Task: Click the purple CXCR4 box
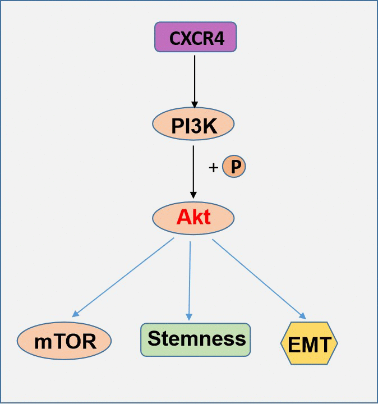tap(195, 38)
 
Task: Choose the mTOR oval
tap(64, 341)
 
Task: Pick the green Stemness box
tap(195, 339)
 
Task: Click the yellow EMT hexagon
tap(309, 343)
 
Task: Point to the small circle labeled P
tap(234, 167)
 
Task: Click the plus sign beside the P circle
tap(214, 167)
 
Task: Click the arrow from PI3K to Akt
tap(193, 174)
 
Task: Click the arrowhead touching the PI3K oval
tap(194, 104)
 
